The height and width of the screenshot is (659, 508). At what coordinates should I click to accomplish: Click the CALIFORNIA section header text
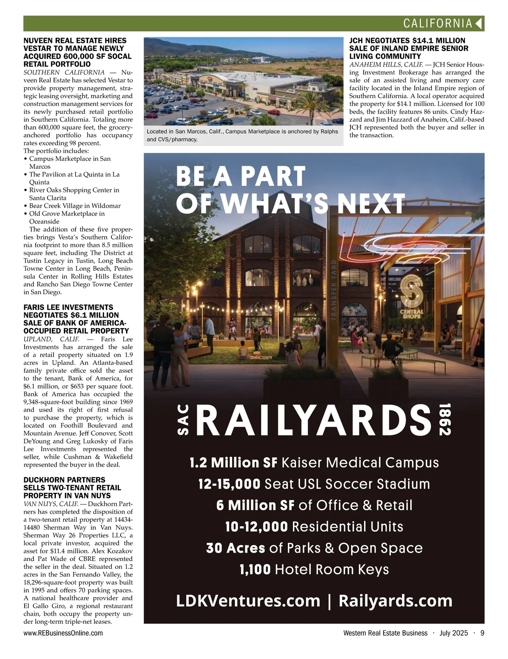pos(437,23)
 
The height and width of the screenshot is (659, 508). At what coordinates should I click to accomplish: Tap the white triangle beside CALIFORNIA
pos(479,23)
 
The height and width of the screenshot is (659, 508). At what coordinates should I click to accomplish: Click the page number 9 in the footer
pos(482,633)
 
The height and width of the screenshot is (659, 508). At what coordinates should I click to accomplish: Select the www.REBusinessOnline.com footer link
pos(63,633)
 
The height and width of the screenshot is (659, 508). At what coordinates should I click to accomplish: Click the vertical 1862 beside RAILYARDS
pos(444,419)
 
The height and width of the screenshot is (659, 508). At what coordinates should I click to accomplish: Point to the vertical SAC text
pos(182,420)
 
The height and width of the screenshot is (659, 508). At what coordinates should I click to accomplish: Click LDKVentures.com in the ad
pos(248,601)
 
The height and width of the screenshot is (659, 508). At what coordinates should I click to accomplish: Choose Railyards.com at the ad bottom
pos(395,601)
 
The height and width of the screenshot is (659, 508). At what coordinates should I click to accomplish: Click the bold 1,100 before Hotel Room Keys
pos(255,569)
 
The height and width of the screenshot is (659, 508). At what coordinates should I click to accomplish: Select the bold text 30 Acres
pos(235,548)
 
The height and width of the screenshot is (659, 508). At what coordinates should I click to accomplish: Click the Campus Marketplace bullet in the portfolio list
pos(70,159)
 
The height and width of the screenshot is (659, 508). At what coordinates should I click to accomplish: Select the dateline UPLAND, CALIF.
pos(51,339)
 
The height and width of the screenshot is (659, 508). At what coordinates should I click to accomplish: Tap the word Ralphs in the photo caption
pos(329,131)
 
